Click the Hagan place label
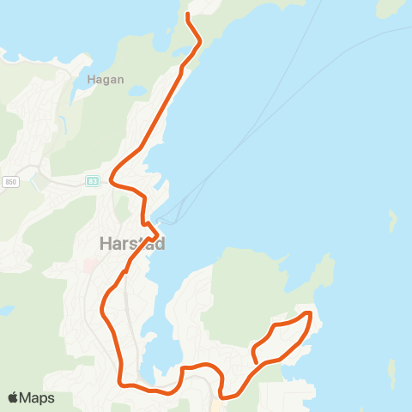(x=106, y=80)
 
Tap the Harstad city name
(x=127, y=244)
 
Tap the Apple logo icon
(x=14, y=397)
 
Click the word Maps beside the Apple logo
(x=37, y=398)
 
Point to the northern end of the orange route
(x=189, y=15)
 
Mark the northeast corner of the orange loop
(x=308, y=314)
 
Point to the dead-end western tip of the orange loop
(x=254, y=354)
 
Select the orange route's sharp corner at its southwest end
(x=120, y=385)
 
